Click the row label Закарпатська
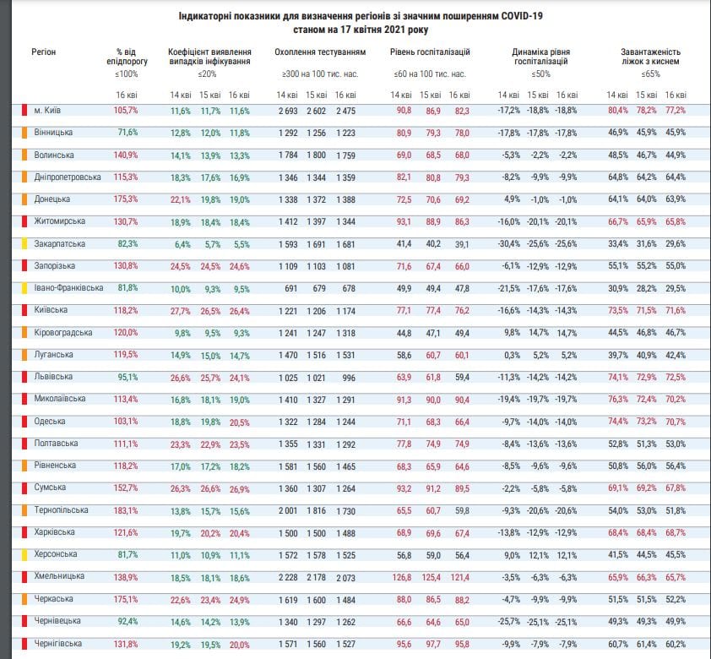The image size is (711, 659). point(59,244)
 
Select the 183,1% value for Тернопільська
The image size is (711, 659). point(126,510)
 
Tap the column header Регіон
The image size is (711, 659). point(44,52)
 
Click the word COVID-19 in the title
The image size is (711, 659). point(522,16)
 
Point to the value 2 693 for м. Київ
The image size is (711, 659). point(288,112)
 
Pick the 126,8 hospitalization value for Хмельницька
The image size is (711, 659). point(402,578)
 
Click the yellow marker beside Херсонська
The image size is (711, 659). point(25,555)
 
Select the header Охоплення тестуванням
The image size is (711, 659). point(320,52)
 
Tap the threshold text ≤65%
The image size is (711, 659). point(650,74)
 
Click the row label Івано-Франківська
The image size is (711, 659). point(68,288)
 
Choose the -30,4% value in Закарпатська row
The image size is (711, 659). point(508,244)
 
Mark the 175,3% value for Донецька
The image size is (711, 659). point(126,199)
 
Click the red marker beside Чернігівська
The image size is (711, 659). point(25,644)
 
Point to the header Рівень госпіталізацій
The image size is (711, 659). point(430,52)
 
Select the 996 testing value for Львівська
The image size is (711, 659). point(349,378)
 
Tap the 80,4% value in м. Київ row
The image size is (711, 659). point(618,111)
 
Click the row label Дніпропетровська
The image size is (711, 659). point(68,177)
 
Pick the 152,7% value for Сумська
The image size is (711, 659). point(126,488)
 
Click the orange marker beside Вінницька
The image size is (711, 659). point(25,133)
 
